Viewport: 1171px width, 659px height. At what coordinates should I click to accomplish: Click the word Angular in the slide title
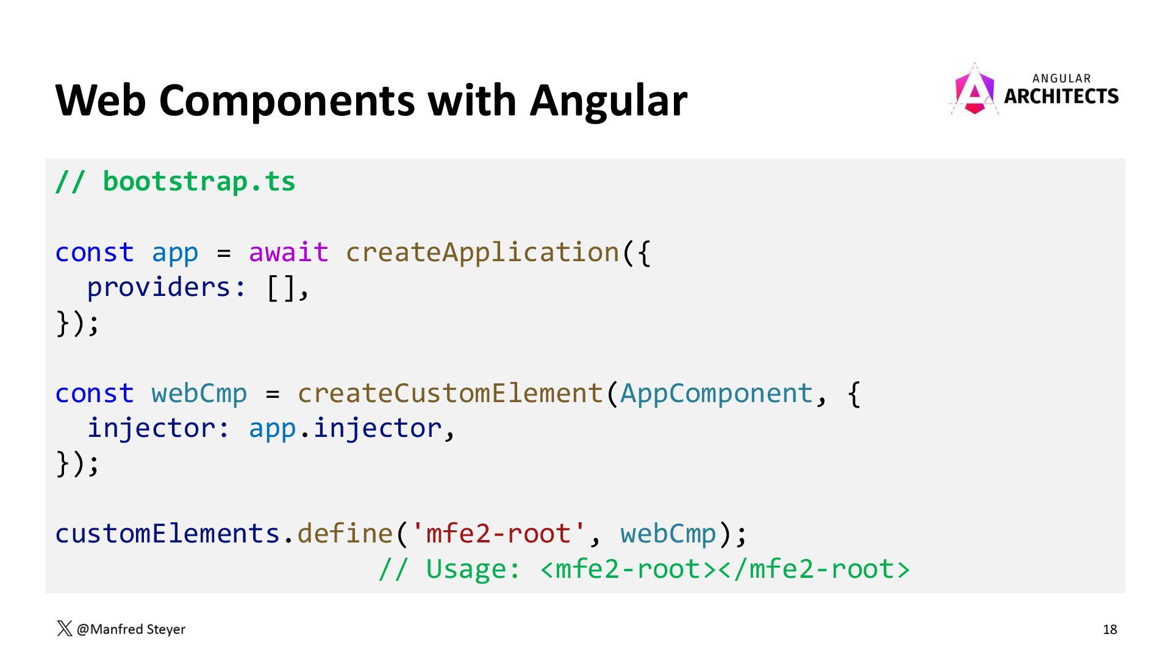[608, 101]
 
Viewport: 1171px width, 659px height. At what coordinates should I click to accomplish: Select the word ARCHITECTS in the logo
[1061, 96]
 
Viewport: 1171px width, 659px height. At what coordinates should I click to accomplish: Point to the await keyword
[288, 253]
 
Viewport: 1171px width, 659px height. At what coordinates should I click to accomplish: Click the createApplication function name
[482, 253]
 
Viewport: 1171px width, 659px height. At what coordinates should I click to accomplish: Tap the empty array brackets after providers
[281, 287]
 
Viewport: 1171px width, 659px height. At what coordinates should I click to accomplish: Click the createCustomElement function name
[450, 394]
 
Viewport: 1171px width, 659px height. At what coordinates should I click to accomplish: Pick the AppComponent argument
[717, 394]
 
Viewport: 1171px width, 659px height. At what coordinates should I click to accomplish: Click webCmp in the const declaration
[199, 394]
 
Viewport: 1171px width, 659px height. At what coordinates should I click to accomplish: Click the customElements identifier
[167, 534]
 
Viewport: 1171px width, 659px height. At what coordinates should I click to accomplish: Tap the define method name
[345, 534]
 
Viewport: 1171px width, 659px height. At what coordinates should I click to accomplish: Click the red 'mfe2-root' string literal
[499, 534]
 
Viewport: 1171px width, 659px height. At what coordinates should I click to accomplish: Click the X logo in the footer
[64, 628]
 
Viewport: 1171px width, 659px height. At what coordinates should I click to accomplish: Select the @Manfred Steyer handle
[131, 629]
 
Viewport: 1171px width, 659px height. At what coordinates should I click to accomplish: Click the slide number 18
[1109, 629]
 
